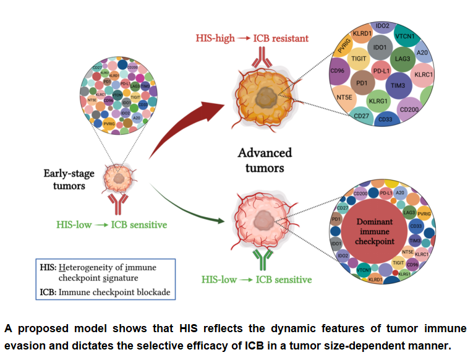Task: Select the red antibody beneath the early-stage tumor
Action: pyautogui.click(x=117, y=203)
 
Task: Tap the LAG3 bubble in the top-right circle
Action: pyautogui.click(x=403, y=60)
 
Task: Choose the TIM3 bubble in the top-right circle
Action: pyautogui.click(x=397, y=85)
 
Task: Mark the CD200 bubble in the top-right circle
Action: pyautogui.click(x=410, y=109)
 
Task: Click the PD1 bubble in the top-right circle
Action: pyautogui.click(x=361, y=82)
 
